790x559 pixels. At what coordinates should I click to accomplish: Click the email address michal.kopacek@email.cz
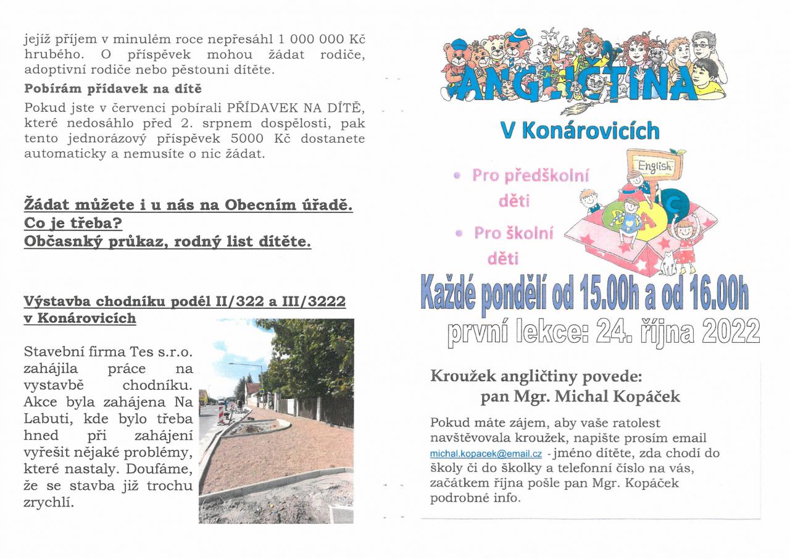pos(486,454)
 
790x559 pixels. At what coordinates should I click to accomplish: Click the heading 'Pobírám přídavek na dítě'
pos(113,89)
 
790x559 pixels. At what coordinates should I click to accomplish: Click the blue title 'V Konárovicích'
pos(580,130)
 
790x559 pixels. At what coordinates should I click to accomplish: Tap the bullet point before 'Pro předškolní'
pos(457,175)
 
